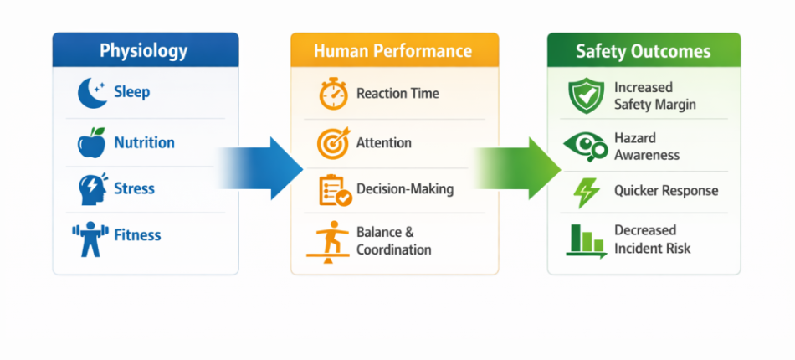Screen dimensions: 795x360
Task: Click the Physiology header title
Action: pyautogui.click(x=143, y=51)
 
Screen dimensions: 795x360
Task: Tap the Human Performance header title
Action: pyautogui.click(x=393, y=51)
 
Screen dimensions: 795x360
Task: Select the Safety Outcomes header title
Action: pyautogui.click(x=644, y=51)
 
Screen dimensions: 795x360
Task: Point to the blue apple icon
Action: pyautogui.click(x=92, y=142)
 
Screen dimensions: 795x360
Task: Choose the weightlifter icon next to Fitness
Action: pyautogui.click(x=90, y=239)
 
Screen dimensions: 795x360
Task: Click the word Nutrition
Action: pyautogui.click(x=145, y=142)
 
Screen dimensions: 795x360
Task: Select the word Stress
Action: pyautogui.click(x=135, y=188)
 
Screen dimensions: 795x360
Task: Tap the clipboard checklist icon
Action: pyautogui.click(x=335, y=191)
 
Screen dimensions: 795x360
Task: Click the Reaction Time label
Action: pyautogui.click(x=398, y=94)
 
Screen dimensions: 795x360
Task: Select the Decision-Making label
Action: pyautogui.click(x=405, y=189)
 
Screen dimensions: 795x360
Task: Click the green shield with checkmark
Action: pyautogui.click(x=586, y=95)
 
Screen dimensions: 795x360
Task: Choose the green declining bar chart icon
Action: pyautogui.click(x=586, y=241)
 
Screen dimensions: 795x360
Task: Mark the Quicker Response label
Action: pyautogui.click(x=666, y=191)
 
